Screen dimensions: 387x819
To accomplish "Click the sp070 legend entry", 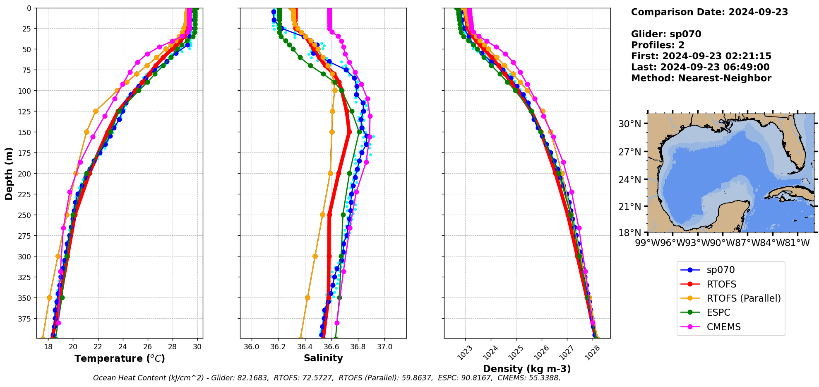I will tap(720, 270).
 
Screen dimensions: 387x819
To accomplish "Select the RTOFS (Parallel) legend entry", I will tap(743, 298).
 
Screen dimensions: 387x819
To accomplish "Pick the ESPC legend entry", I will tap(718, 313).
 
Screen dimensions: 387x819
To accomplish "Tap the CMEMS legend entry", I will tap(723, 327).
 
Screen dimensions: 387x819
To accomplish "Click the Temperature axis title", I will tap(120, 359).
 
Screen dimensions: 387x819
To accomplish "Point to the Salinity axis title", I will tap(323, 358).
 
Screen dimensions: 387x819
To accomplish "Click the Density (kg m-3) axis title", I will tap(527, 369).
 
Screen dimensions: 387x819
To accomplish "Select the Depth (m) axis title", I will tap(9, 174).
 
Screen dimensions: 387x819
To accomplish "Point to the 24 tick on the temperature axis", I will tap(123, 347).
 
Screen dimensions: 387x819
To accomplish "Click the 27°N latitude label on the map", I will tap(629, 152).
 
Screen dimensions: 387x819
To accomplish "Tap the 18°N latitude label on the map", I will tap(629, 233).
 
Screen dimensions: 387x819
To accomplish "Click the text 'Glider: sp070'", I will tap(666, 34).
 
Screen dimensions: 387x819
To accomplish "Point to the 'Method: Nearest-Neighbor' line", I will tap(701, 78).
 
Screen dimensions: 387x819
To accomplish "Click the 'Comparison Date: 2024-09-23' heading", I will tap(709, 12).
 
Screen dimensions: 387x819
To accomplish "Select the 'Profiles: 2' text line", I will tap(658, 45).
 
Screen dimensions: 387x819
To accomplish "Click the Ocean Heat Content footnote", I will tap(327, 378).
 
